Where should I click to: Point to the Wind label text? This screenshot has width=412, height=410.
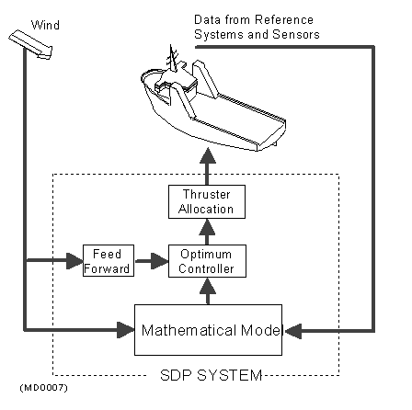45,25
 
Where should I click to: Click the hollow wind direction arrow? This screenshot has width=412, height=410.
30,44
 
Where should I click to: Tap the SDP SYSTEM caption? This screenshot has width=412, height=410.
212,375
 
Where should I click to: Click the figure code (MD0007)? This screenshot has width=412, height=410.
43,388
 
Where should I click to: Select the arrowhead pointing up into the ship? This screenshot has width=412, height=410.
208,155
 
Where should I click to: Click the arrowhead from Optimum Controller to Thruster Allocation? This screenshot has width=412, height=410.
207,227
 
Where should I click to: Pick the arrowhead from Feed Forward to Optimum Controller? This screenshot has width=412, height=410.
160,261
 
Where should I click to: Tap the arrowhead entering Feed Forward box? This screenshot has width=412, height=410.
74,261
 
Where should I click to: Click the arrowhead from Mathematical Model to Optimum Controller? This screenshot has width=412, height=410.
208,286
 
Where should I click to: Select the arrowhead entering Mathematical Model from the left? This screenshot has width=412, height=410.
126,330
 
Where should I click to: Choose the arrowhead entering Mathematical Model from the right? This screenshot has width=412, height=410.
292,331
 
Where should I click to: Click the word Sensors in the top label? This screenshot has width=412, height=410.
296,34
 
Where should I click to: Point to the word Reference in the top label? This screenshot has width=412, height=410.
284,20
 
